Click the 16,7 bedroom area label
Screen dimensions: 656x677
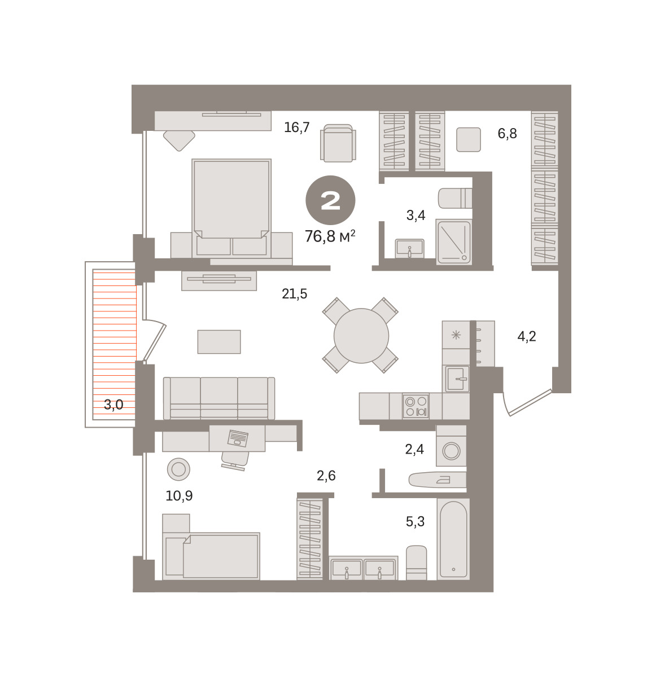click(296, 128)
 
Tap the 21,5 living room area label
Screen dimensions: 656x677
click(295, 294)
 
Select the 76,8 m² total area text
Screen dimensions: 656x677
click(330, 236)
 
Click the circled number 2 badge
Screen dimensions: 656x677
click(330, 200)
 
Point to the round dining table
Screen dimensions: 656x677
click(361, 336)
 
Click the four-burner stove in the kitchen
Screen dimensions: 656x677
click(416, 406)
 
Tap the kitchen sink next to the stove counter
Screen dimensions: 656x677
click(456, 379)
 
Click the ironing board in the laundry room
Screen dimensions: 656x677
click(438, 480)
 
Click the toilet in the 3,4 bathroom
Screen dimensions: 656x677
click(455, 198)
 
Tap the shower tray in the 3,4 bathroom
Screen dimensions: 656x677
click(454, 242)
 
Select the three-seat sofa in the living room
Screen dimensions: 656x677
click(219, 398)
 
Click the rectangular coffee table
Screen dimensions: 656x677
click(219, 342)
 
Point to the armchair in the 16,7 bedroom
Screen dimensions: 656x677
click(338, 143)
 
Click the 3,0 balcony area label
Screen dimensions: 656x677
click(114, 405)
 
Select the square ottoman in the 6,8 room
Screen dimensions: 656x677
click(469, 139)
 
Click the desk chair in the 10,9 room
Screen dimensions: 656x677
click(235, 460)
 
